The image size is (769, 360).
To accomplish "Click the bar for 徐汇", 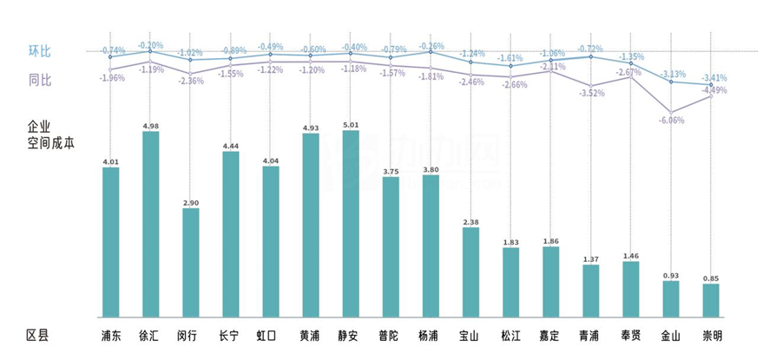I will click(x=150, y=224).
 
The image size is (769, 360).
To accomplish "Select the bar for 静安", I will click(x=351, y=223).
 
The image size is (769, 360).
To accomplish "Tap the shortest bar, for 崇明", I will click(x=711, y=299).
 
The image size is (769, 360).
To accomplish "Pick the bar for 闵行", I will click(x=190, y=262).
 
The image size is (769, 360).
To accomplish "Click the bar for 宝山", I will click(x=470, y=272).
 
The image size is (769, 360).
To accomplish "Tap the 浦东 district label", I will click(x=111, y=335).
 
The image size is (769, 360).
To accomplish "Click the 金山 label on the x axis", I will click(x=671, y=335).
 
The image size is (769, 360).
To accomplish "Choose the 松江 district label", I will click(x=510, y=335).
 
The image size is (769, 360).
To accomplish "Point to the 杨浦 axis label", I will click(x=431, y=335).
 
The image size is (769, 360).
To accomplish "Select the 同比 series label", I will click(x=40, y=80).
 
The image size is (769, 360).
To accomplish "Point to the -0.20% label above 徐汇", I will click(x=151, y=45).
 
